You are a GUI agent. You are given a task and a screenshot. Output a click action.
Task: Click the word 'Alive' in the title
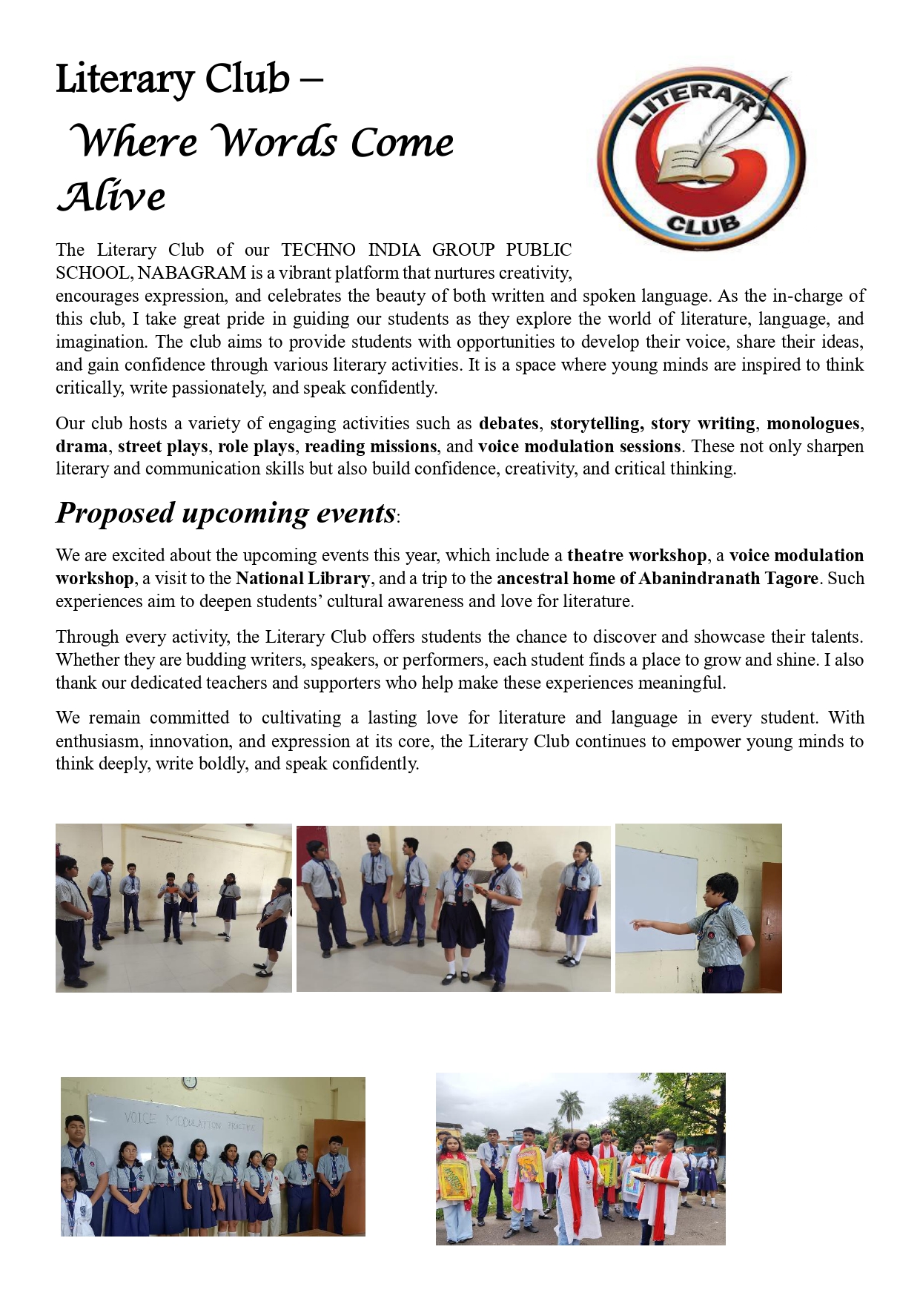[111, 196]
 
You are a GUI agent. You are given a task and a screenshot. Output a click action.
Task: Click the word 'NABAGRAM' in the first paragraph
[191, 273]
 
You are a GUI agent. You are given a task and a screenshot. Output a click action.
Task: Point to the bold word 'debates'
[509, 423]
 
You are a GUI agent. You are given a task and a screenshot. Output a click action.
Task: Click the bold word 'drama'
[82, 446]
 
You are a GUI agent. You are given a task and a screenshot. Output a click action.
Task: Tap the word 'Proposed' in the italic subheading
[115, 513]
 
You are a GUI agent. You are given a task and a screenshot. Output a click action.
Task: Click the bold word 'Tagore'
[788, 578]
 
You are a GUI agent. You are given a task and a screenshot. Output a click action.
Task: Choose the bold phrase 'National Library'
[302, 578]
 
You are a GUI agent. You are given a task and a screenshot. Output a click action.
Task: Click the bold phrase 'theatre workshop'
[637, 555]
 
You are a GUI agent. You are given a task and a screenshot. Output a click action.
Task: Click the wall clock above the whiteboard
[189, 1083]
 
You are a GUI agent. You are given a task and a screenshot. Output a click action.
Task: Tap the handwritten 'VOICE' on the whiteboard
[140, 1117]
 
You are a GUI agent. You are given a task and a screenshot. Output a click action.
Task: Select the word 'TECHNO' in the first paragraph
[318, 250]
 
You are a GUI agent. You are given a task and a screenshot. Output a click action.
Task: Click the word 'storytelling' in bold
[595, 423]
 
